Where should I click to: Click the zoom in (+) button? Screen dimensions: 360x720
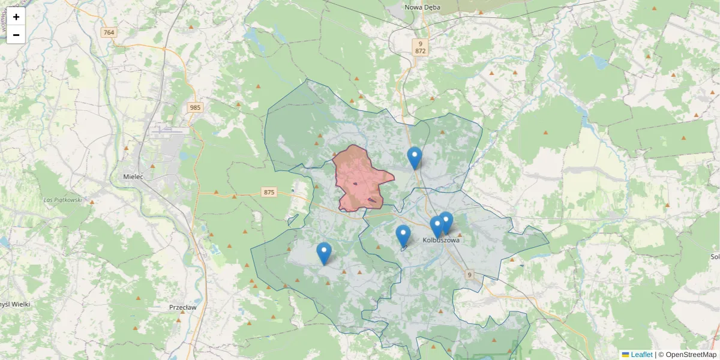(16, 17)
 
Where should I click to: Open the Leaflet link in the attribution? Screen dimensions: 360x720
(641, 355)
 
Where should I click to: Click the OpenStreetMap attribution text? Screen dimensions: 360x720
(688, 355)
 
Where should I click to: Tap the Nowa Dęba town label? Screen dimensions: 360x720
(422, 7)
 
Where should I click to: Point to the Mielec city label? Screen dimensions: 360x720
(133, 177)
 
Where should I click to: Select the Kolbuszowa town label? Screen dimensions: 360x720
(441, 240)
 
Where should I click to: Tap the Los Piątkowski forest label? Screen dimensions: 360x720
(62, 199)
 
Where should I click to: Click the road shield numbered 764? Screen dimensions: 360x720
(109, 32)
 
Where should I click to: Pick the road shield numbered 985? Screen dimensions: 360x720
(194, 107)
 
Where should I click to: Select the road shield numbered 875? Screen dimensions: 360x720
(269, 192)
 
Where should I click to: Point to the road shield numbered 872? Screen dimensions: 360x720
(420, 51)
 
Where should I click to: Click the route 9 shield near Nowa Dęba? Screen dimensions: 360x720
(421, 43)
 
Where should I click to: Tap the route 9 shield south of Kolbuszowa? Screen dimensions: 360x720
(469, 275)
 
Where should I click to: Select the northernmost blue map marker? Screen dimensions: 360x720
(415, 158)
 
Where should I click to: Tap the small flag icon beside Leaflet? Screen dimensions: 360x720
(626, 355)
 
